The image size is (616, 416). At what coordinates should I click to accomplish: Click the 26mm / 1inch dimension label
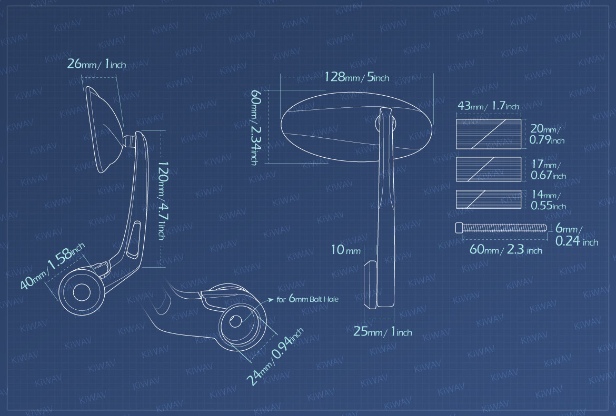tap(96, 64)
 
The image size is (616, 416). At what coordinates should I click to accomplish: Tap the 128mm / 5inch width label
tap(357, 78)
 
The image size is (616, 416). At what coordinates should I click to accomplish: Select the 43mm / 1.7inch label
tap(488, 106)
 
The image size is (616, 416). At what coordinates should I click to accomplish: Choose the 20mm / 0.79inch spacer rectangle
tap(488, 134)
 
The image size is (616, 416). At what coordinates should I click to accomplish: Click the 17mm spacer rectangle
tap(488, 169)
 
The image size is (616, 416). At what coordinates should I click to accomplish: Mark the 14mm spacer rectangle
tap(488, 199)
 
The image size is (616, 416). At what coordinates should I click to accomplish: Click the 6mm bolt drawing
tap(500, 228)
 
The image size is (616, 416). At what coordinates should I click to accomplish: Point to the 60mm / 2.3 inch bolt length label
tap(505, 250)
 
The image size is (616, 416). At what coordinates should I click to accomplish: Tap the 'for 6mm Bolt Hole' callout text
tap(307, 300)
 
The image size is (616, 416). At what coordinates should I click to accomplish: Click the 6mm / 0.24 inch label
tap(577, 235)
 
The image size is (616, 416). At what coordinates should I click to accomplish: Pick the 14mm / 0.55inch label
tap(548, 200)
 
